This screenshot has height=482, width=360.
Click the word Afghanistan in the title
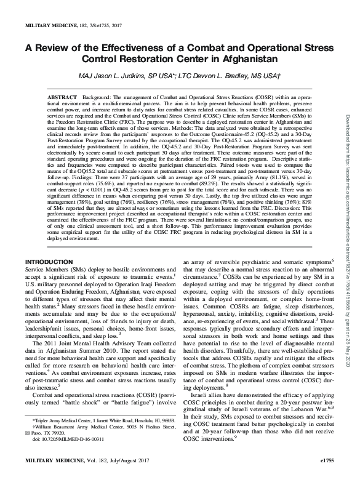244,60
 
